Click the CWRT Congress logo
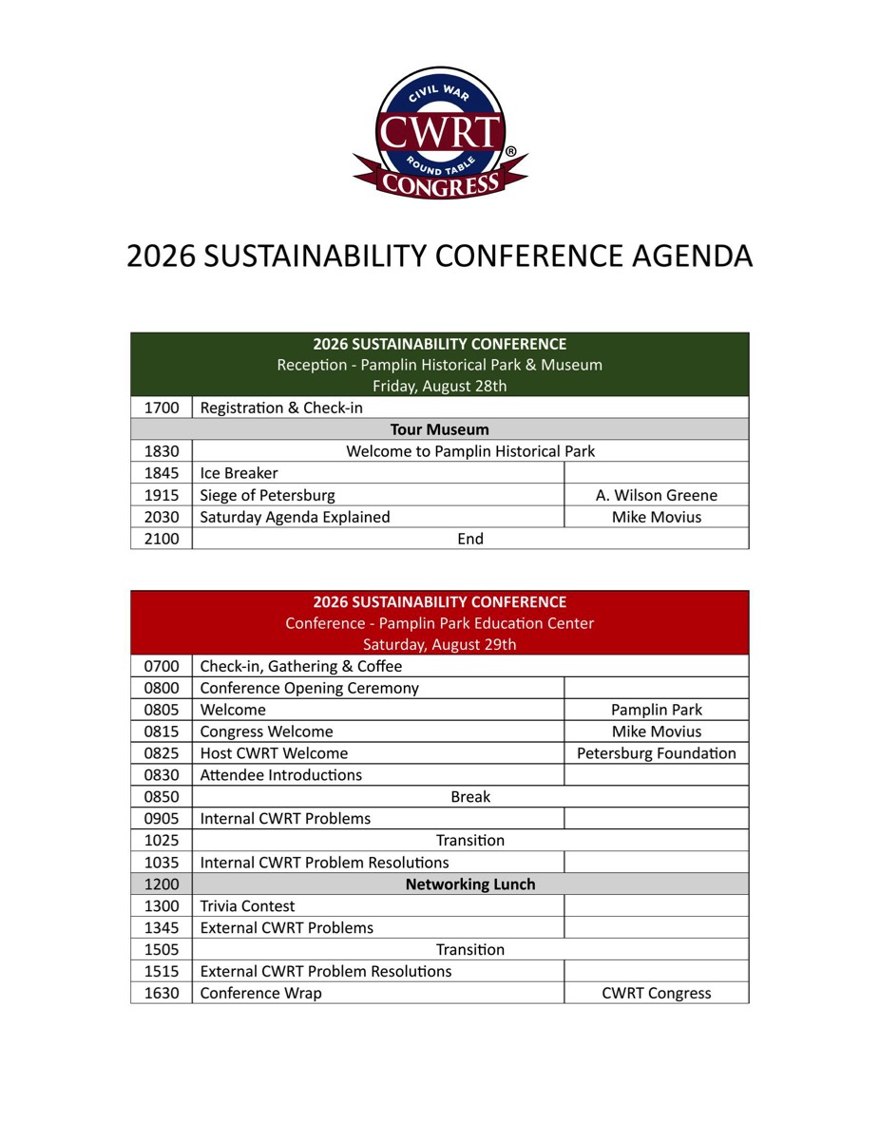coord(440,132)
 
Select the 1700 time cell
coord(162,408)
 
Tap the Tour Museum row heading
coord(439,429)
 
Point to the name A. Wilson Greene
coord(657,495)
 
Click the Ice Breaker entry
coord(239,473)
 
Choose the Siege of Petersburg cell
coord(268,495)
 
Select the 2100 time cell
coord(162,539)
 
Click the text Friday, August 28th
coord(439,386)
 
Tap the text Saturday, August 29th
coord(439,644)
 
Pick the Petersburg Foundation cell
coord(657,753)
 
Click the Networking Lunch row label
coord(470,884)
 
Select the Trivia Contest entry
coord(248,906)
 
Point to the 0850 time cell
coord(162,797)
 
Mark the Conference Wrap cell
coord(261,994)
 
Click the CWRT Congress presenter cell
coord(657,994)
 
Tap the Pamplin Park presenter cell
coord(657,710)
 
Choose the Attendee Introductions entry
coord(281,775)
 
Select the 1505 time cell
coord(162,950)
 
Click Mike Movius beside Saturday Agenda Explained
coord(657,517)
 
